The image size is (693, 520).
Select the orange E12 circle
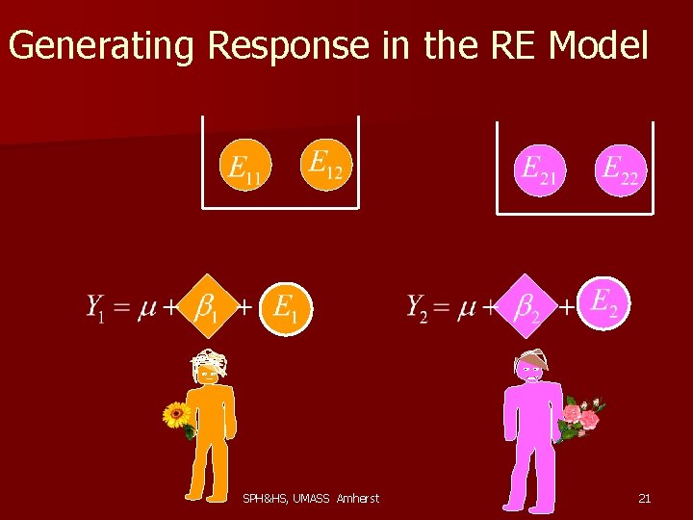[326, 164]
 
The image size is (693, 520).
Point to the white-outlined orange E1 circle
[286, 308]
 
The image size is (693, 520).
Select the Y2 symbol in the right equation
[416, 307]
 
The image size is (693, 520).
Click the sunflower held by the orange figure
[175, 416]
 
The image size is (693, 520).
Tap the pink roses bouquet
[580, 417]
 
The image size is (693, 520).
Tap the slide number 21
[645, 498]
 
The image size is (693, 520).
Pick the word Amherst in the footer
[358, 498]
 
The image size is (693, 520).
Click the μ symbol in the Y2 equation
[467, 308]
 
